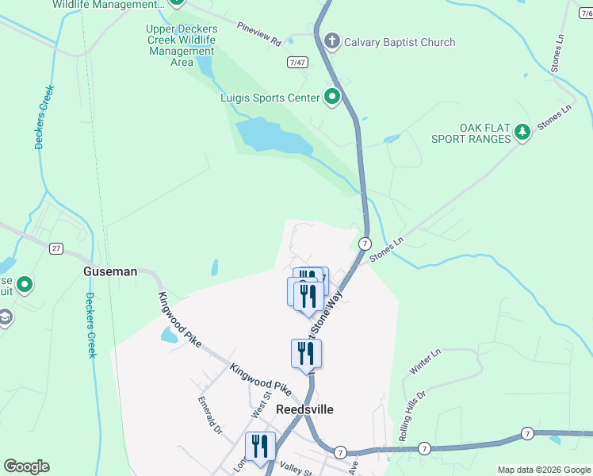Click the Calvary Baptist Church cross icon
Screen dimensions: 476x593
(332, 41)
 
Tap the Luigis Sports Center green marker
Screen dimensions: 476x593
(332, 98)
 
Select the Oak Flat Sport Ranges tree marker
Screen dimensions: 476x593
(522, 132)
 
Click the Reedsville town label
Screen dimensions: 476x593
(305, 409)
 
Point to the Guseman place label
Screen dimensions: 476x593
(110, 271)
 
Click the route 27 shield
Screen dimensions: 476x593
(55, 248)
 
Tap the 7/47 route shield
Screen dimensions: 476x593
(297, 62)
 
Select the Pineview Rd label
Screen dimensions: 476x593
(259, 33)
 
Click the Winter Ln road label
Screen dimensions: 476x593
(425, 361)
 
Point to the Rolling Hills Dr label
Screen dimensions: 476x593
(412, 416)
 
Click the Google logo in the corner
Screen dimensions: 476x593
(26, 466)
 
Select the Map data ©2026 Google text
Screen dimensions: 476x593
(543, 470)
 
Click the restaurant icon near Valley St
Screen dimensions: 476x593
(260, 446)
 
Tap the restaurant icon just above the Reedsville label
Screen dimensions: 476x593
(307, 354)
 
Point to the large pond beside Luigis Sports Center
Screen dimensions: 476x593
(274, 136)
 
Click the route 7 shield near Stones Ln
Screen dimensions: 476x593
(365, 243)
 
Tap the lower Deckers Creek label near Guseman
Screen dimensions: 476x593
(90, 325)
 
